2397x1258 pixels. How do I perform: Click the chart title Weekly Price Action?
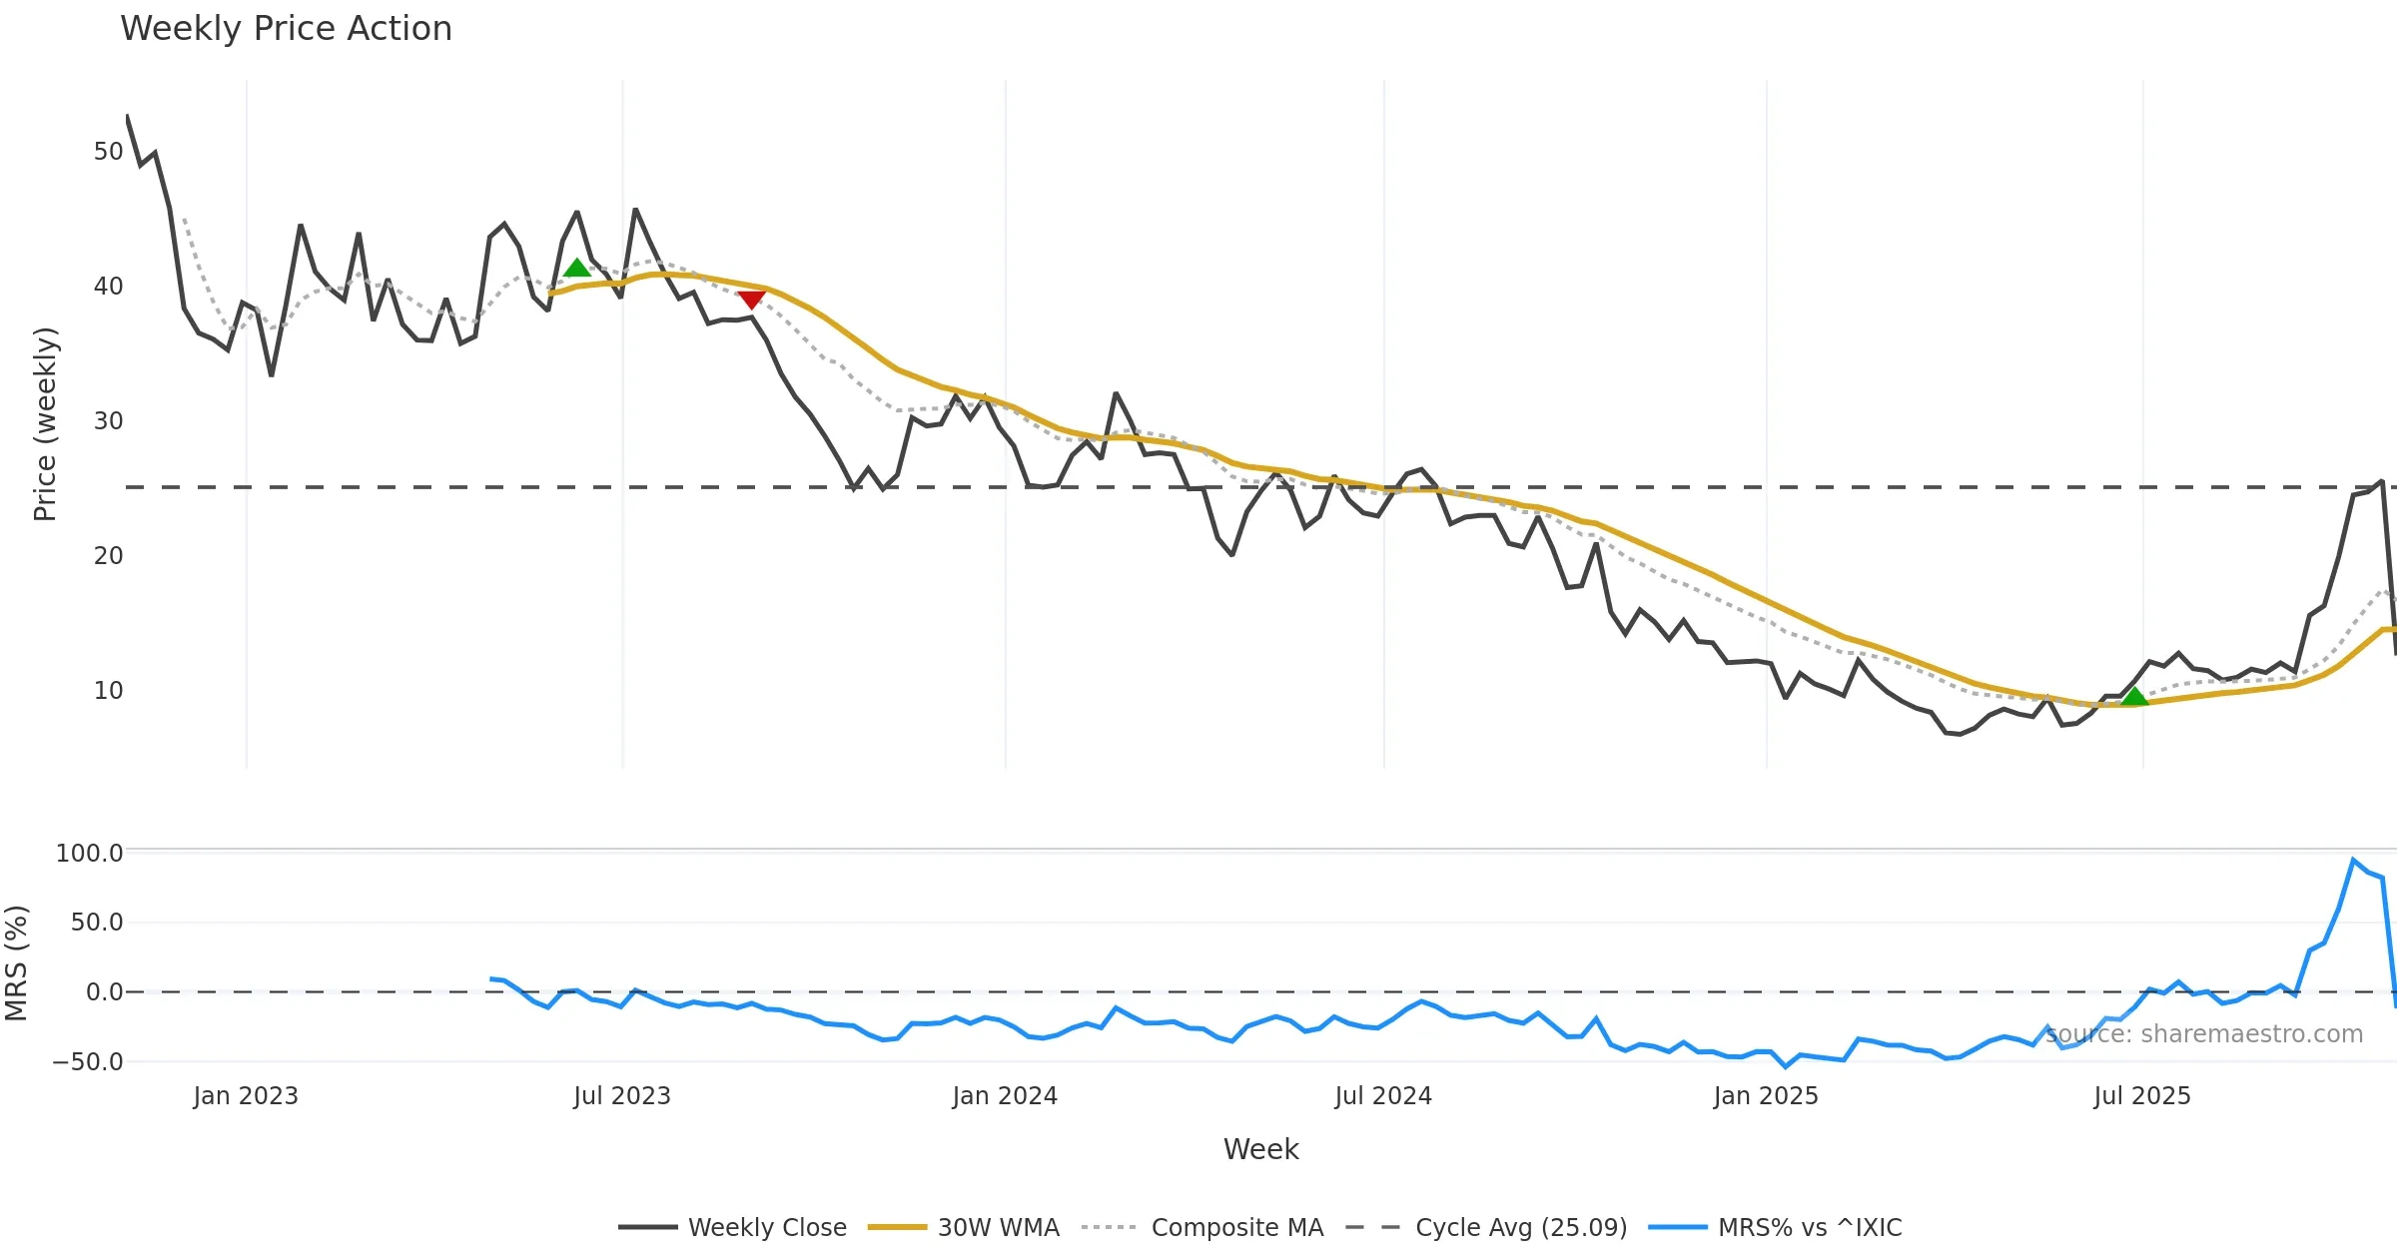coord(286,29)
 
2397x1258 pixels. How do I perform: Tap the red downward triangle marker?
coord(751,300)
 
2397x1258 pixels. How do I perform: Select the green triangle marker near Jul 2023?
coord(576,268)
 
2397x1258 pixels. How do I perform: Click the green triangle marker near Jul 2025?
coord(2133,696)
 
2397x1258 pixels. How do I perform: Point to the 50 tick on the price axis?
coord(108,152)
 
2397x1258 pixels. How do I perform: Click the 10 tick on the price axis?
coord(108,691)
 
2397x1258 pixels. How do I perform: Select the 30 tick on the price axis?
coord(108,421)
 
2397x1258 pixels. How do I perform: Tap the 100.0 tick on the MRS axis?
coord(90,854)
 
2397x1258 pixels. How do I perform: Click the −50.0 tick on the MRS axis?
coord(88,1061)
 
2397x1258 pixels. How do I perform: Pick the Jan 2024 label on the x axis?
coord(1005,1096)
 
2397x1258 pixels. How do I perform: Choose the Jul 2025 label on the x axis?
coord(2142,1096)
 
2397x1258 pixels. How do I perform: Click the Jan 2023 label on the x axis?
coord(246,1096)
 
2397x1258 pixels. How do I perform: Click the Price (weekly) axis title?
coord(45,424)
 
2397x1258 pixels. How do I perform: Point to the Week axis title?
coord(1260,1149)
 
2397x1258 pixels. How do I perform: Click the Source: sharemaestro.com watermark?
coord(2204,1034)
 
